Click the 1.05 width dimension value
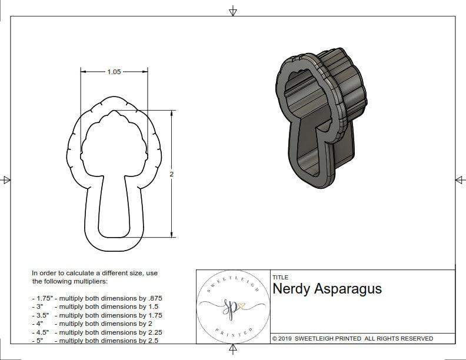tap(114, 72)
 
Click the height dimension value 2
tap(171, 174)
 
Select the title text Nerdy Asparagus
tap(327, 289)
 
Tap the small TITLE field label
tap(280, 277)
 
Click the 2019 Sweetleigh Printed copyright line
tap(352, 338)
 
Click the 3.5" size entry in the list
tap(41, 315)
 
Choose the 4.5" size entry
tap(41, 332)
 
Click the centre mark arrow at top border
tap(233, 11)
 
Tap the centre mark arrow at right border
tap(460, 180)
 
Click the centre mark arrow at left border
tap(6, 180)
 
